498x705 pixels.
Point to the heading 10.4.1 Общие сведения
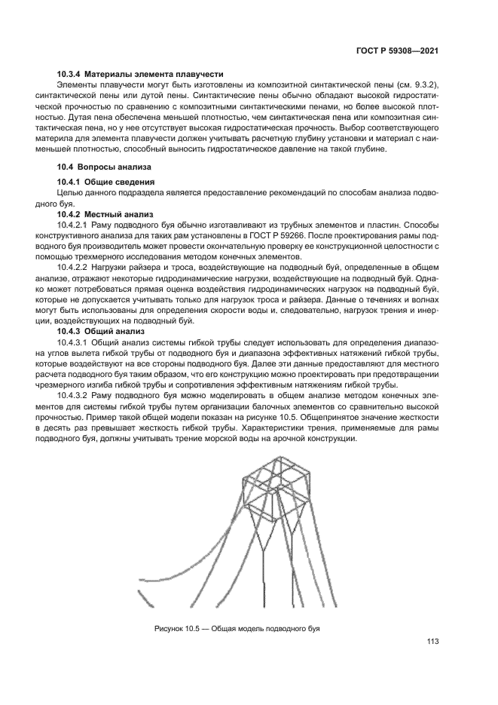(x=106, y=182)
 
